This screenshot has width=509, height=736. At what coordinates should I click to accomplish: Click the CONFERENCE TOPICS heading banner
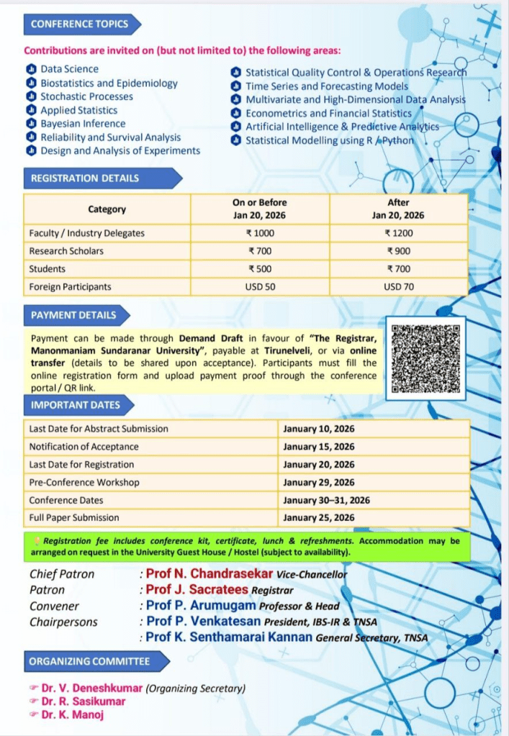80,24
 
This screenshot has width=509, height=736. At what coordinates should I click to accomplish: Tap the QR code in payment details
425,358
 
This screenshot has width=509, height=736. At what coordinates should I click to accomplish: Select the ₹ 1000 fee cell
261,233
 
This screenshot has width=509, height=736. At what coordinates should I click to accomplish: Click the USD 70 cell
398,286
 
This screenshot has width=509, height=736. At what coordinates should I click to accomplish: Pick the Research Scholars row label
66,251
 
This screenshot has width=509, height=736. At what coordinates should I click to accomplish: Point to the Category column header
107,209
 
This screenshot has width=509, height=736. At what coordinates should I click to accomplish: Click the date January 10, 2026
319,429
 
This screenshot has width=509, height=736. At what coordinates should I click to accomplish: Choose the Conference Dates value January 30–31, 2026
327,500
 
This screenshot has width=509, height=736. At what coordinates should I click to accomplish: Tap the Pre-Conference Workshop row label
84,482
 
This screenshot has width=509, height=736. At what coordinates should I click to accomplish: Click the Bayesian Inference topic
83,124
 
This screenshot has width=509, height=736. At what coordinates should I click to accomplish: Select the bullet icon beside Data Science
30,69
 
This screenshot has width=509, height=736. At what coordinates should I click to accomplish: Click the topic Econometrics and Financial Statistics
328,113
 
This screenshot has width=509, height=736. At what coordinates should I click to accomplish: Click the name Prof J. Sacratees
197,589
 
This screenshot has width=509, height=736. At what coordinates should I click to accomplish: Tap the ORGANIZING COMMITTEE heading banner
89,661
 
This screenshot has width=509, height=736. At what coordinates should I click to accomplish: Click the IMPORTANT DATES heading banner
76,405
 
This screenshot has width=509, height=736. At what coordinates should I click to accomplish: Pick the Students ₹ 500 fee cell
261,268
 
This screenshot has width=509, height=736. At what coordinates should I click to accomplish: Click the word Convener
55,606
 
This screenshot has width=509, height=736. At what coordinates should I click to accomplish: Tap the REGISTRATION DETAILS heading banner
85,178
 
